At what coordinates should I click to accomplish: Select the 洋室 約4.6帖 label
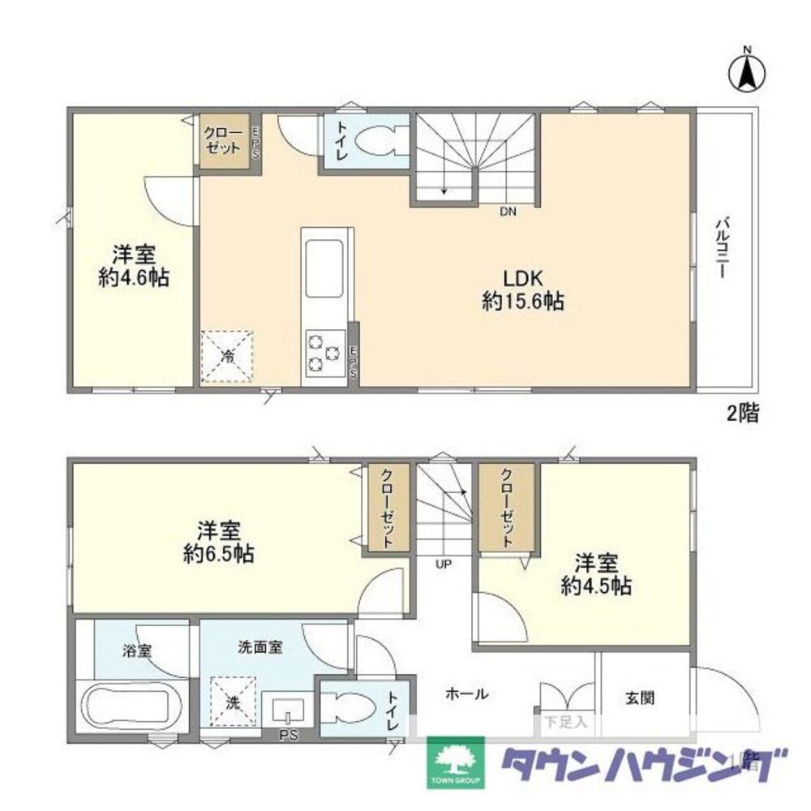coord(134,265)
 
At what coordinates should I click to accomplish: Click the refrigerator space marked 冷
coord(229,355)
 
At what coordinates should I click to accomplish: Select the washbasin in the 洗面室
coord(286,711)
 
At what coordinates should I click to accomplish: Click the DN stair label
coord(508,212)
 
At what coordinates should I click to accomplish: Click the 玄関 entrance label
coord(640,696)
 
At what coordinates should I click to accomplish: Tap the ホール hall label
coord(466,693)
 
